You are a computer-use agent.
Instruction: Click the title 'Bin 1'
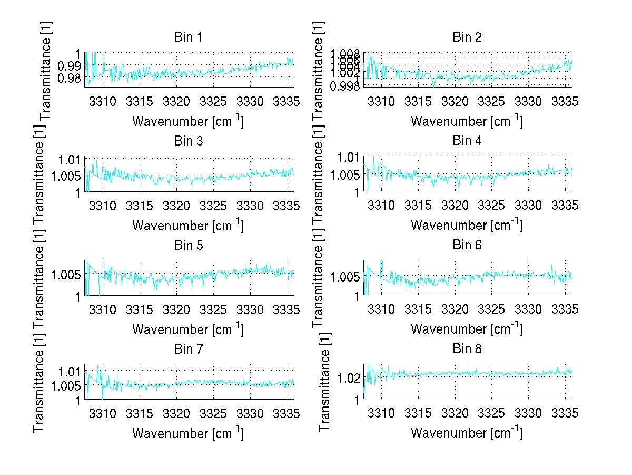(188, 37)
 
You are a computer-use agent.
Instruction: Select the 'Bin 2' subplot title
(467, 37)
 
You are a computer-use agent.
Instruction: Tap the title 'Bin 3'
(188, 141)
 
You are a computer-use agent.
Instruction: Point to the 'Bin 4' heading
(467, 141)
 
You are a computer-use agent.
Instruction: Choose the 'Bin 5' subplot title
(188, 245)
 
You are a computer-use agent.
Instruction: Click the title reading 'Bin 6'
(467, 245)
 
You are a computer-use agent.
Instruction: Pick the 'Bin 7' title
(188, 349)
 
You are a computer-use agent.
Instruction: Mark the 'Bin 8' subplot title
(467, 349)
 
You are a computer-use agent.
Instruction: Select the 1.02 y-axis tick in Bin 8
(350, 378)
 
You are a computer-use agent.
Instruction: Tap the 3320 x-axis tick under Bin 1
(176, 101)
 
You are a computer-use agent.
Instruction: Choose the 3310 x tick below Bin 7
(103, 413)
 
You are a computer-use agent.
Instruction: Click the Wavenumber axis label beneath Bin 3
(188, 225)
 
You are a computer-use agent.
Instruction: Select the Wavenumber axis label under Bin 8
(467, 433)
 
